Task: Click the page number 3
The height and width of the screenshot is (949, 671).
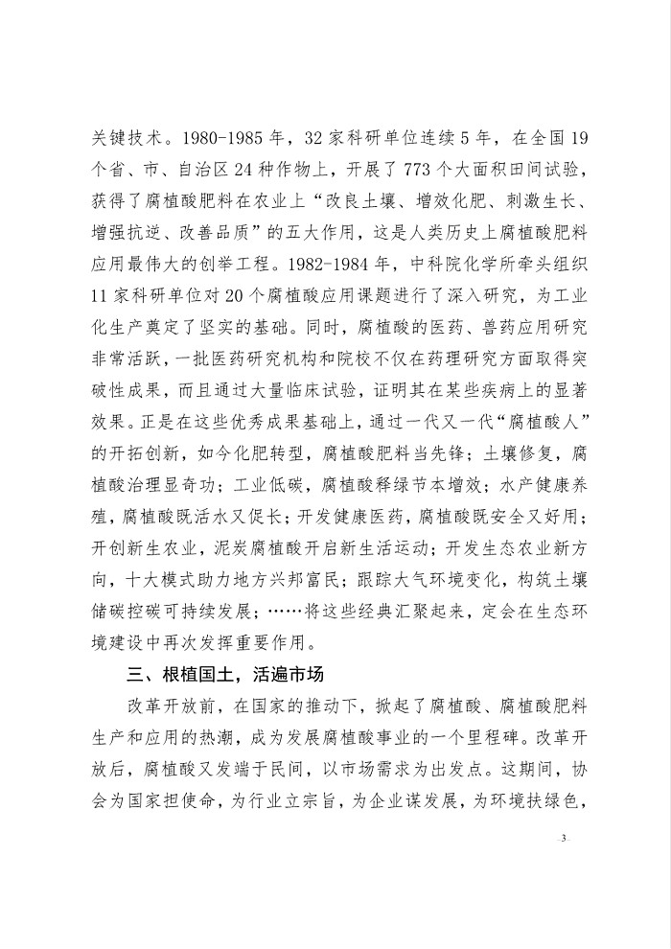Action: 565,838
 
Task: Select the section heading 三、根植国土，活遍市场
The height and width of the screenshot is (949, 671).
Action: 223,670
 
